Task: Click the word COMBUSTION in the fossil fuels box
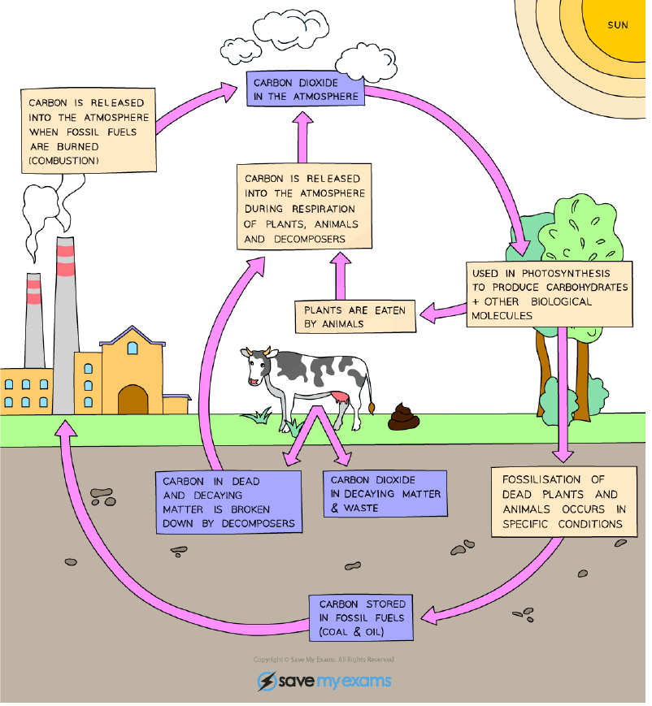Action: pyautogui.click(x=64, y=162)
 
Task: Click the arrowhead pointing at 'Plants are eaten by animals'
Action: pyautogui.click(x=431, y=314)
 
